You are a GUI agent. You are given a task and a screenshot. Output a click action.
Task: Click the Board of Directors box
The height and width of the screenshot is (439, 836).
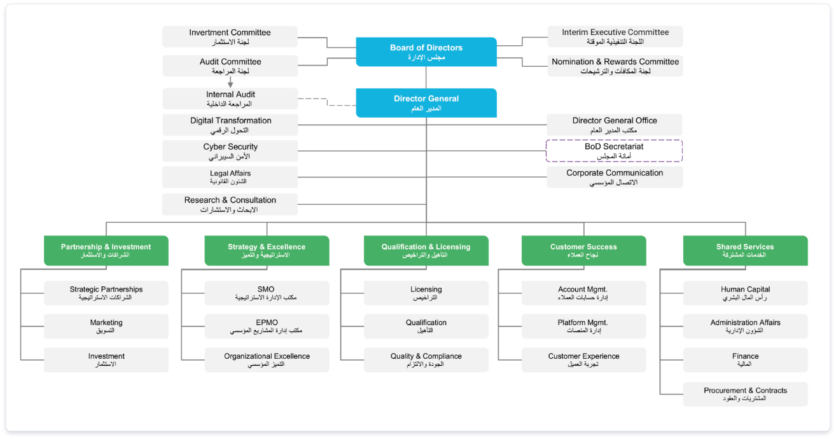(x=426, y=52)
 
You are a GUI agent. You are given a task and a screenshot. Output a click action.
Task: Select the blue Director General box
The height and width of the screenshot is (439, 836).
(x=426, y=103)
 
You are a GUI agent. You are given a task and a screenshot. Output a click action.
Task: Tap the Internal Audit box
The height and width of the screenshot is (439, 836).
(x=230, y=99)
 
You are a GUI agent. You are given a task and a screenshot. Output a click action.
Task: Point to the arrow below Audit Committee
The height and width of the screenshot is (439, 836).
(x=230, y=82)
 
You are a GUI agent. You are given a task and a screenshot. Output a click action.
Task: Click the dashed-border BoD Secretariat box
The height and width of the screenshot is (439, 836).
(x=614, y=151)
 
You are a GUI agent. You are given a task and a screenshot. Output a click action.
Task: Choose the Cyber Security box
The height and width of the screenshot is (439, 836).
(x=230, y=151)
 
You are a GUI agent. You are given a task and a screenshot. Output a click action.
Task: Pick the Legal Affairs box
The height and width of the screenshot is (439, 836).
(x=230, y=177)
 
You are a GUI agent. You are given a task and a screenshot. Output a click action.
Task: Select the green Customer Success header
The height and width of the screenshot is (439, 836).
(x=583, y=251)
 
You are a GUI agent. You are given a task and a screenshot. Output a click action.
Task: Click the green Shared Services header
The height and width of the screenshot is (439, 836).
(x=745, y=251)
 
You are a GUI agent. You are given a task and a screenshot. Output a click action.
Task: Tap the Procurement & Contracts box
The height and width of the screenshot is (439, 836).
(x=745, y=394)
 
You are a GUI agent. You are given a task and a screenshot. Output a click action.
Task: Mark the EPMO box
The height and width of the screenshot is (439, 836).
(x=267, y=326)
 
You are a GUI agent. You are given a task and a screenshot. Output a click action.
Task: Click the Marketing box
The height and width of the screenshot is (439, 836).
(x=106, y=326)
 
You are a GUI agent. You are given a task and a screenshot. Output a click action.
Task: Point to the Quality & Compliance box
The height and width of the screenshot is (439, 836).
(x=426, y=360)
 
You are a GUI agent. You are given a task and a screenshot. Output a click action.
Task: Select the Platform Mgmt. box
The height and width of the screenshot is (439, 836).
(x=583, y=326)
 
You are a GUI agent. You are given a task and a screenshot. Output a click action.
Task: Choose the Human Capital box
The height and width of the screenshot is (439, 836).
(x=745, y=293)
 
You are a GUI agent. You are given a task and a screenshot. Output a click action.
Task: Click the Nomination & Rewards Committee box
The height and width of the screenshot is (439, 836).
(x=615, y=66)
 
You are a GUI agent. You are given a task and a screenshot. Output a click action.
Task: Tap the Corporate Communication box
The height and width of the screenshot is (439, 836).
(x=615, y=177)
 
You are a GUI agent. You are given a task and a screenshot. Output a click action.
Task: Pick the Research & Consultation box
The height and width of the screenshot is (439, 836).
(x=230, y=204)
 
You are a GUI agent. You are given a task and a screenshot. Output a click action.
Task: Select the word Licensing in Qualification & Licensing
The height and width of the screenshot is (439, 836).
(x=453, y=247)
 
